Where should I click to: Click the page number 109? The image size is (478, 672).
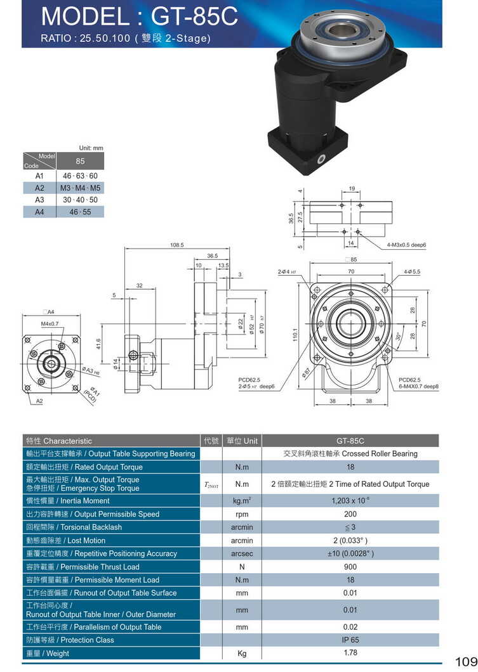click(x=465, y=661)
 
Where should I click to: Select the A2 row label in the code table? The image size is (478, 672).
click(x=39, y=188)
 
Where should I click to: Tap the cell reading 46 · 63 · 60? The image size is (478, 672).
click(x=80, y=176)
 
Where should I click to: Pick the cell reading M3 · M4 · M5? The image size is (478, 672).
click(x=81, y=188)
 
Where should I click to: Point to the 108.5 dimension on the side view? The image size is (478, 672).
click(x=176, y=245)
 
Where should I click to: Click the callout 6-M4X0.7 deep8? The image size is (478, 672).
click(x=418, y=386)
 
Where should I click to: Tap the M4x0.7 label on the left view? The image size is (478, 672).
click(x=50, y=324)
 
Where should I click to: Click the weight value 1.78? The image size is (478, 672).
click(x=350, y=653)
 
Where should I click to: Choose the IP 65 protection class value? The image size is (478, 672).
click(x=350, y=640)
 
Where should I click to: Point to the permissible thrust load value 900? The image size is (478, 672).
click(x=350, y=567)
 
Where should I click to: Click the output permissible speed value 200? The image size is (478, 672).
click(x=350, y=514)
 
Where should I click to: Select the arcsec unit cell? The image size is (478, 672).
click(x=241, y=553)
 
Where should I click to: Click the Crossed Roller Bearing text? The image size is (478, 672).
click(x=380, y=454)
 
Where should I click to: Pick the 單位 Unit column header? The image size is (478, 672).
click(x=241, y=441)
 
